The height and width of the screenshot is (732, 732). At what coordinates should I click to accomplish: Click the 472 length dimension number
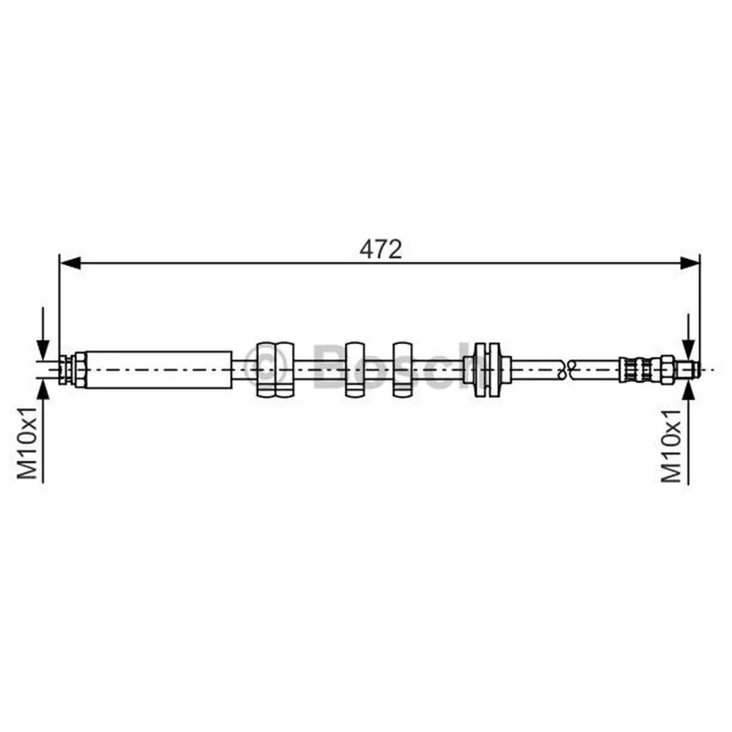[x=381, y=249]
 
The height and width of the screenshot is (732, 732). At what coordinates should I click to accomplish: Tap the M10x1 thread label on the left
[x=27, y=443]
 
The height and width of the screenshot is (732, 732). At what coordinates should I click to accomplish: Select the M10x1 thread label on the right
[x=671, y=446]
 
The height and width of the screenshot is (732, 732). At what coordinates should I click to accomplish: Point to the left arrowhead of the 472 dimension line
[x=70, y=263]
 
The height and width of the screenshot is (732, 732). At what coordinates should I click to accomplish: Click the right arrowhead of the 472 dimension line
[x=690, y=263]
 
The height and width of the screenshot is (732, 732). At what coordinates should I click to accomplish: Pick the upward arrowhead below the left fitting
[x=43, y=390]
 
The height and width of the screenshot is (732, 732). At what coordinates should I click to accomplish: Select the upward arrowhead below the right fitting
[x=688, y=390]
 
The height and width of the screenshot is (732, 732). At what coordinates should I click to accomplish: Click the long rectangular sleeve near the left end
[x=159, y=370]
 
